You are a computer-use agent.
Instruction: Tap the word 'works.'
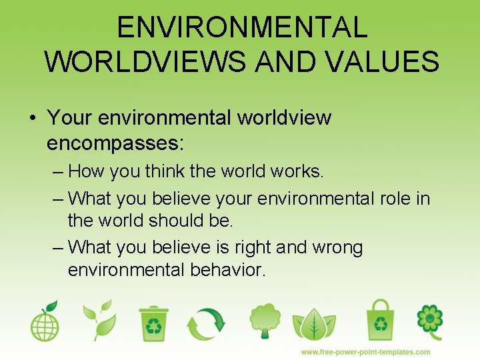pos(297,171)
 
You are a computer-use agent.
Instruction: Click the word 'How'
pos(87,171)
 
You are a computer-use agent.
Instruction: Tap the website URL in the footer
pos(365,351)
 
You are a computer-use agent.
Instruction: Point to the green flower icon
pos(429,321)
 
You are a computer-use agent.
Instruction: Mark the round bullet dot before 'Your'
pos(32,119)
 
